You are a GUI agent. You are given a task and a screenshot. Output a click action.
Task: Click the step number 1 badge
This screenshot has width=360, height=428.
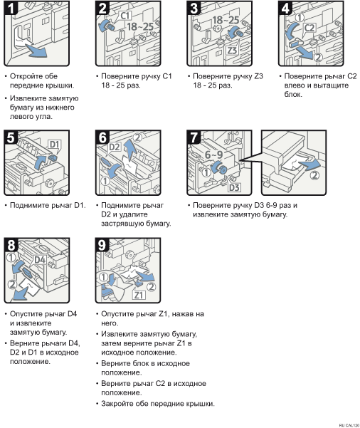pos(11,8)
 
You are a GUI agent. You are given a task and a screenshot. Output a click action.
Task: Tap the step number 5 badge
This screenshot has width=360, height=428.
pos(11,137)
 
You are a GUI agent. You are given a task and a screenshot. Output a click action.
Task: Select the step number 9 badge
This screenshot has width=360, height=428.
pos(102,244)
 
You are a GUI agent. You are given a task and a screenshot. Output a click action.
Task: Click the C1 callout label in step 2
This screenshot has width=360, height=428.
pos(125,16)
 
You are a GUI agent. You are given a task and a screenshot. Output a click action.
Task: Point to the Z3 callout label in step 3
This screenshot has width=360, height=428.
pos(233,51)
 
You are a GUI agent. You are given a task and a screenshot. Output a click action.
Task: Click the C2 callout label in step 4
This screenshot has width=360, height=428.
pos(309,28)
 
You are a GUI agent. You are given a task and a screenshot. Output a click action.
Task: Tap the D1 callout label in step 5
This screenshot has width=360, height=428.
pos(55,145)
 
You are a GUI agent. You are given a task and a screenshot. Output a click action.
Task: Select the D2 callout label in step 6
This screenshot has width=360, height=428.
pos(115,147)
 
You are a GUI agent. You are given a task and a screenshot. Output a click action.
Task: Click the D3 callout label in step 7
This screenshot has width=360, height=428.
pos(234,187)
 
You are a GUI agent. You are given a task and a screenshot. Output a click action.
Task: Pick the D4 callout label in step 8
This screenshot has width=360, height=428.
pos(40,260)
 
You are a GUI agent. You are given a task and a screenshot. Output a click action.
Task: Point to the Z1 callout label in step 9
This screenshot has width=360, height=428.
pos(139,295)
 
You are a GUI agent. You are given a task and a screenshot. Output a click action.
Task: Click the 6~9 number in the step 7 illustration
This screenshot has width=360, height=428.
pos(214,155)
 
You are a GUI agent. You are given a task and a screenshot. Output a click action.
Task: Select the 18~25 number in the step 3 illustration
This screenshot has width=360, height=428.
pos(226,20)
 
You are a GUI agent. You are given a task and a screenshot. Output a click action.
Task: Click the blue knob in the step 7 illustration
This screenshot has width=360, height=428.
pos(221,167)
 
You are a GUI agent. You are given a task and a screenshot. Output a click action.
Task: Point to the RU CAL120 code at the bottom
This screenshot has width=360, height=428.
pos(349,425)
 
